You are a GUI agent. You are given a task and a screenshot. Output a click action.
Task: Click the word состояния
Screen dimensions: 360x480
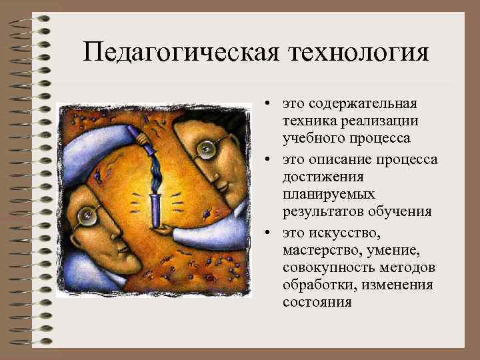tap(316, 302)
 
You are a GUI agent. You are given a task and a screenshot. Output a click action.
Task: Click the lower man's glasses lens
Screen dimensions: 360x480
tap(87, 214)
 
